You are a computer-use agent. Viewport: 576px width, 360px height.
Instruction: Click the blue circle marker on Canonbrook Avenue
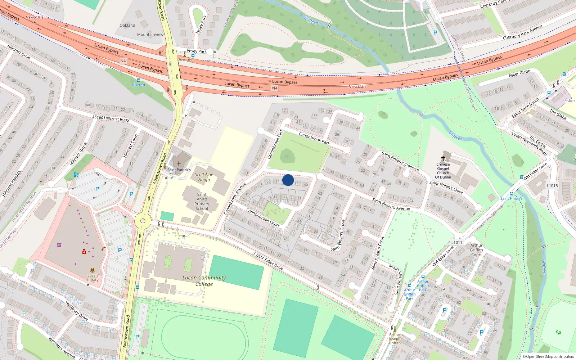coord(288,180)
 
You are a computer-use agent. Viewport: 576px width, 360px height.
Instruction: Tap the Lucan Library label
coord(93,278)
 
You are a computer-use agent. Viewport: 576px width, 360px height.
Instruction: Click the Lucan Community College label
coord(204,281)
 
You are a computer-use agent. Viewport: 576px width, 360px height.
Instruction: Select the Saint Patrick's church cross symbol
coord(179,163)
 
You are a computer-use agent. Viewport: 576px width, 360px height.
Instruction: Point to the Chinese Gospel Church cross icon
coord(443,158)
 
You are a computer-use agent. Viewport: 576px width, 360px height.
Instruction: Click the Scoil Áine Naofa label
coord(204,177)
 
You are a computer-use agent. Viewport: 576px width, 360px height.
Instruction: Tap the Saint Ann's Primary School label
coord(202,201)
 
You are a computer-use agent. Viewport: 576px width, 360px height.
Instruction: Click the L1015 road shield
coord(552,186)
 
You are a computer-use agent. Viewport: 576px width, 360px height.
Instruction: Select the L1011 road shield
coord(456,242)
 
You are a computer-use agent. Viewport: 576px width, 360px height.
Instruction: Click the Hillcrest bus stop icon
coord(138,80)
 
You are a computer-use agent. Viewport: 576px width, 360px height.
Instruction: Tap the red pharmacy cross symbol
coord(84,252)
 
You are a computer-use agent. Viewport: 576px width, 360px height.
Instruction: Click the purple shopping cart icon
coord(59,245)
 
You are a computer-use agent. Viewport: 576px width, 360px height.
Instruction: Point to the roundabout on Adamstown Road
coord(143,221)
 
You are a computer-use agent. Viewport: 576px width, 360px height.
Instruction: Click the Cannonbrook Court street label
coord(263,217)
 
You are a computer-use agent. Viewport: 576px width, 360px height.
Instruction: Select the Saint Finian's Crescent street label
coord(400,161)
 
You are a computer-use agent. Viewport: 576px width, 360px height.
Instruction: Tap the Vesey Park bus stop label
coord(197,51)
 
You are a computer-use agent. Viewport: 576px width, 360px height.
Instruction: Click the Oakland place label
coord(127,25)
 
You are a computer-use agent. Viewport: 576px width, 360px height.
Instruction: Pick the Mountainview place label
coord(150,35)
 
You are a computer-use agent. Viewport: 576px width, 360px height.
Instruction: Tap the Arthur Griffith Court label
coord(476,250)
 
